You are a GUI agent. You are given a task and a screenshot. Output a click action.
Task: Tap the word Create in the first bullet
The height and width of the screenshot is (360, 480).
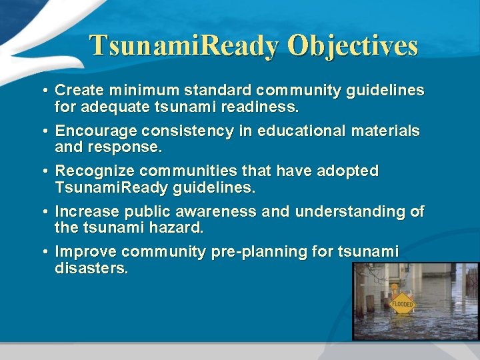coord(78,90)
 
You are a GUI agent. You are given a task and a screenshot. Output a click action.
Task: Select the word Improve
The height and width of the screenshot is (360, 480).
coord(82,252)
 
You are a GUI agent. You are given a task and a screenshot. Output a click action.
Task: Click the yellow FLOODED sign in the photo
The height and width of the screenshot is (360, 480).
coord(402,303)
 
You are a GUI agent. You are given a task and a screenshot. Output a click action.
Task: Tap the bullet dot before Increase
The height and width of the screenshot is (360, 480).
coord(43,213)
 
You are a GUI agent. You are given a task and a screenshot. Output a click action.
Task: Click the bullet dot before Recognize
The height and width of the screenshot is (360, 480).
coord(43,172)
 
